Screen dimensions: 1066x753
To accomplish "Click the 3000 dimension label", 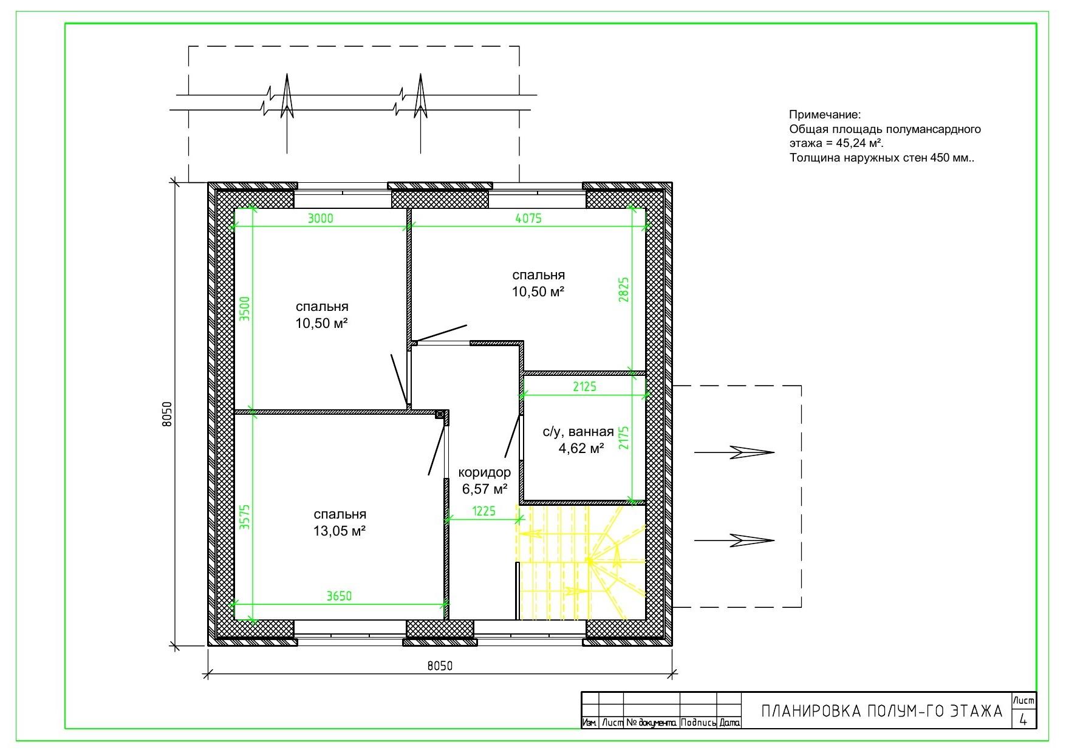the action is coord(320,219).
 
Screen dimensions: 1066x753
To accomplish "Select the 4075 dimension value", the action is coord(528,219).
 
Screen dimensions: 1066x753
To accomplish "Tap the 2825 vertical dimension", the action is coord(624,290).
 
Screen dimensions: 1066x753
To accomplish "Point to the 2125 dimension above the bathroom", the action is coord(584,386).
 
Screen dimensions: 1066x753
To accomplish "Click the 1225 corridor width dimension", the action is coord(483,511).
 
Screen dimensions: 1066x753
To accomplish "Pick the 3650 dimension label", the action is coord(339,596).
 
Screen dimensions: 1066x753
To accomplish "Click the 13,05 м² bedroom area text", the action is coord(340,531).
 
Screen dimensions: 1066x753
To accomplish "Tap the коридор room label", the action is coord(484,472).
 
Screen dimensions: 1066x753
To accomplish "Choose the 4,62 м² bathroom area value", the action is coord(581,448).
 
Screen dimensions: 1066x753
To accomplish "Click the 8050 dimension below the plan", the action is coord(440,666).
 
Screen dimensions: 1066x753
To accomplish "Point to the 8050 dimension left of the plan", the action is coord(168,414).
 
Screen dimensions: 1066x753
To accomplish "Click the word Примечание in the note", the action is coord(825,115).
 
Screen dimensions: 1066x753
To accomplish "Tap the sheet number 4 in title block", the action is coord(1023,720).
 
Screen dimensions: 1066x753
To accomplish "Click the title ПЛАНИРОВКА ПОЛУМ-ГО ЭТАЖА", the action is coord(882,711).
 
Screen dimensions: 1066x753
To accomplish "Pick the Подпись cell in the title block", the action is coord(699,723).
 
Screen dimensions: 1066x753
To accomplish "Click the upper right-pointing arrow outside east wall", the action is coord(734,452).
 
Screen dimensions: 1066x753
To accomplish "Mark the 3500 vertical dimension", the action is coord(245,308).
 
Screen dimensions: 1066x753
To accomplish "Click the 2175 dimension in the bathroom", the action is coord(624,438).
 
